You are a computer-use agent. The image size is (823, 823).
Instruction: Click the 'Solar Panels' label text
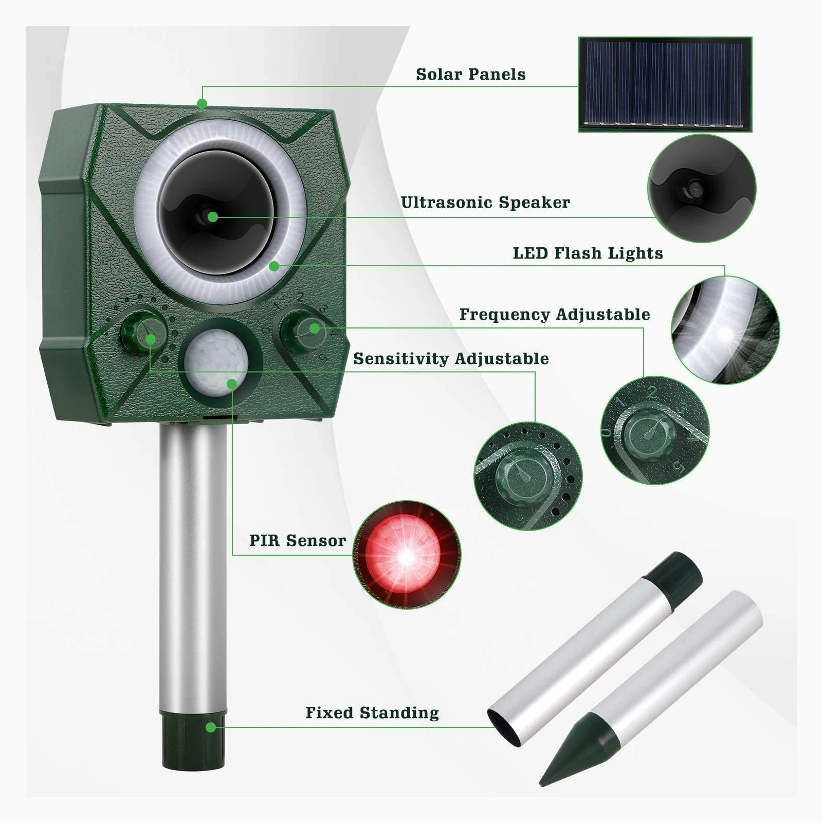(x=471, y=75)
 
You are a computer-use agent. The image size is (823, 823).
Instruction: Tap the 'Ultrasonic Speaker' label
(x=485, y=203)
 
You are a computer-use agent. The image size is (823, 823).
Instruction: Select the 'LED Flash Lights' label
(x=588, y=253)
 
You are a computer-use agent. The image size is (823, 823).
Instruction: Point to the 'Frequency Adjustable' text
(x=555, y=315)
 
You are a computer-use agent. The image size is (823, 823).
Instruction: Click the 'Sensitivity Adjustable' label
(x=451, y=359)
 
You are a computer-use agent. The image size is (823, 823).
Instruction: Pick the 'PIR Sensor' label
(x=298, y=541)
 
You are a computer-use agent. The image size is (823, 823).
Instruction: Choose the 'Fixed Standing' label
(x=372, y=713)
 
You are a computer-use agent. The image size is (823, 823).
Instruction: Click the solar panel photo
(x=665, y=84)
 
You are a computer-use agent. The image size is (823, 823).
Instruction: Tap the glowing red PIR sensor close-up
(x=407, y=555)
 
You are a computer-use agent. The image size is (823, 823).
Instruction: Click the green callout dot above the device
(x=202, y=104)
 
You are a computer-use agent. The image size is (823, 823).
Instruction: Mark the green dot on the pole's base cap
(x=211, y=727)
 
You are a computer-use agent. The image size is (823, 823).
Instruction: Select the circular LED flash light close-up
(x=725, y=331)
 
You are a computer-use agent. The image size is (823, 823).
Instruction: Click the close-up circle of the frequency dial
(x=655, y=431)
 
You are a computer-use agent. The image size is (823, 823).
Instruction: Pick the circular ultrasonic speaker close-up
(x=702, y=188)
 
